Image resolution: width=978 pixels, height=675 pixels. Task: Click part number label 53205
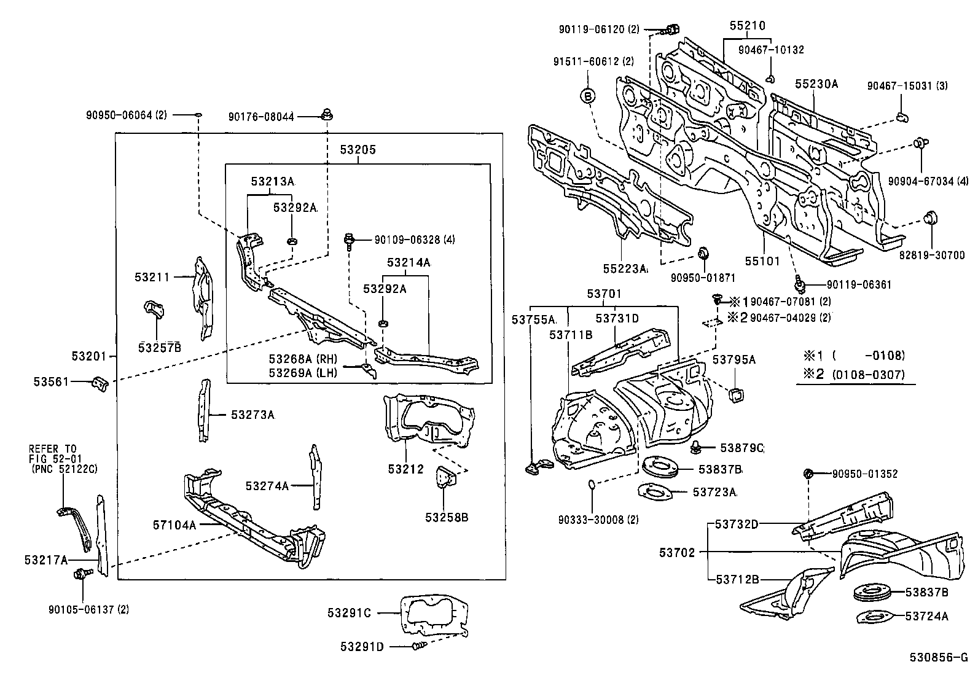(359, 150)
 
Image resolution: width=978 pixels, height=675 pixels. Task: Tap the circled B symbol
(588, 96)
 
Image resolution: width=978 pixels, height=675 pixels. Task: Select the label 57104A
(174, 525)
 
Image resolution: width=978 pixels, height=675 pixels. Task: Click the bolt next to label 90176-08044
(327, 114)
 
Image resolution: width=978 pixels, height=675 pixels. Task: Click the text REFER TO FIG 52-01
(53, 453)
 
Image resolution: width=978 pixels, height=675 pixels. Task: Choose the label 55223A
(625, 268)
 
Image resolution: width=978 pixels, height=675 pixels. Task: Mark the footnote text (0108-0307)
(868, 374)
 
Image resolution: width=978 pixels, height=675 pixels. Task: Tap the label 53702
(677, 553)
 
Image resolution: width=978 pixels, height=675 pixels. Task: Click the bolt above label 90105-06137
(80, 574)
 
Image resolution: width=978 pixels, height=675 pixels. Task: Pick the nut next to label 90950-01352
(809, 474)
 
